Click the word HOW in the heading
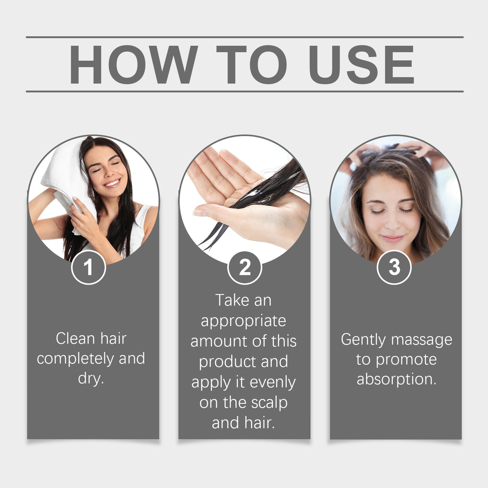coord(133,65)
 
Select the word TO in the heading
coord(252,65)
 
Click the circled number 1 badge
coord(88,267)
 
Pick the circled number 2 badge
coord(244,267)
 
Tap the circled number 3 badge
coord(394,267)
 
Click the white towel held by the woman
coord(64,173)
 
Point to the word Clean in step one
coord(75,338)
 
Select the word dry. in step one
coord(91,379)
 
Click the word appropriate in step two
coord(244,321)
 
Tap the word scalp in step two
coord(269,402)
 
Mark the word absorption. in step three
coord(396,379)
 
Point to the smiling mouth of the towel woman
coord(112,183)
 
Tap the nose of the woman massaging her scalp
coord(391,223)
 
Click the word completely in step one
coord(76,359)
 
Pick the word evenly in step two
coord(273,382)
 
